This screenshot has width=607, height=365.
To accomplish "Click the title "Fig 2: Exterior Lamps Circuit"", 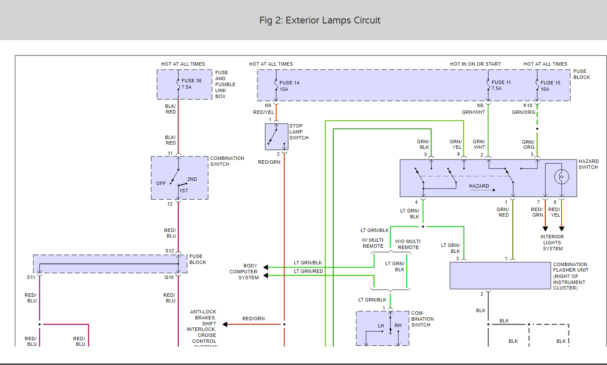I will [320, 20].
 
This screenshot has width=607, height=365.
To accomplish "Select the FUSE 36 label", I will [191, 81].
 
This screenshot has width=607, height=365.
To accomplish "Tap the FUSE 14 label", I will [289, 83].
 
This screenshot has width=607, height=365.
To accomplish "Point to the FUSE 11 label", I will [501, 82].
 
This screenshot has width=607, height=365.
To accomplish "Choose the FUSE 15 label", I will [550, 83].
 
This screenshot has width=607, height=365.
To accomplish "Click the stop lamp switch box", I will [276, 136].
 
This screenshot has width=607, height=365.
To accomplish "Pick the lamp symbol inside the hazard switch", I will [562, 177].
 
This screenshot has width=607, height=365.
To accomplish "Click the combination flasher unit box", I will [500, 275].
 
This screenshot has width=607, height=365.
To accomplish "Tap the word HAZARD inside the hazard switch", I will [479, 186].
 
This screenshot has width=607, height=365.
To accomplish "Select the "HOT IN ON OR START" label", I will [475, 64].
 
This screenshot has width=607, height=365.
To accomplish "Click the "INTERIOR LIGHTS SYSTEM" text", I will [552, 243].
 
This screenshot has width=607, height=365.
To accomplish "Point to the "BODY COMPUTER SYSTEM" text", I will [244, 272].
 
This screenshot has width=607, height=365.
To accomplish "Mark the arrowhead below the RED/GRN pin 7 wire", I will [545, 229].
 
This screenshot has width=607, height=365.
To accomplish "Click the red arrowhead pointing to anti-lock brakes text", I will [225, 324].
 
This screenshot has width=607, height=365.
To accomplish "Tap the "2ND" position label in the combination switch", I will [192, 179].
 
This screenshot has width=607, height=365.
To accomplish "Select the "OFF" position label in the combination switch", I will [161, 183].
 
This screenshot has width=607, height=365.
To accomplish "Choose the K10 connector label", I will [528, 105].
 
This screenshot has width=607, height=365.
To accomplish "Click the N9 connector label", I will [268, 105].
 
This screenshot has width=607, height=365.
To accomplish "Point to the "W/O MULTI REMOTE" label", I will [408, 244].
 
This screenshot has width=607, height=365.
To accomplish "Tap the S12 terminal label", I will [169, 251].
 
